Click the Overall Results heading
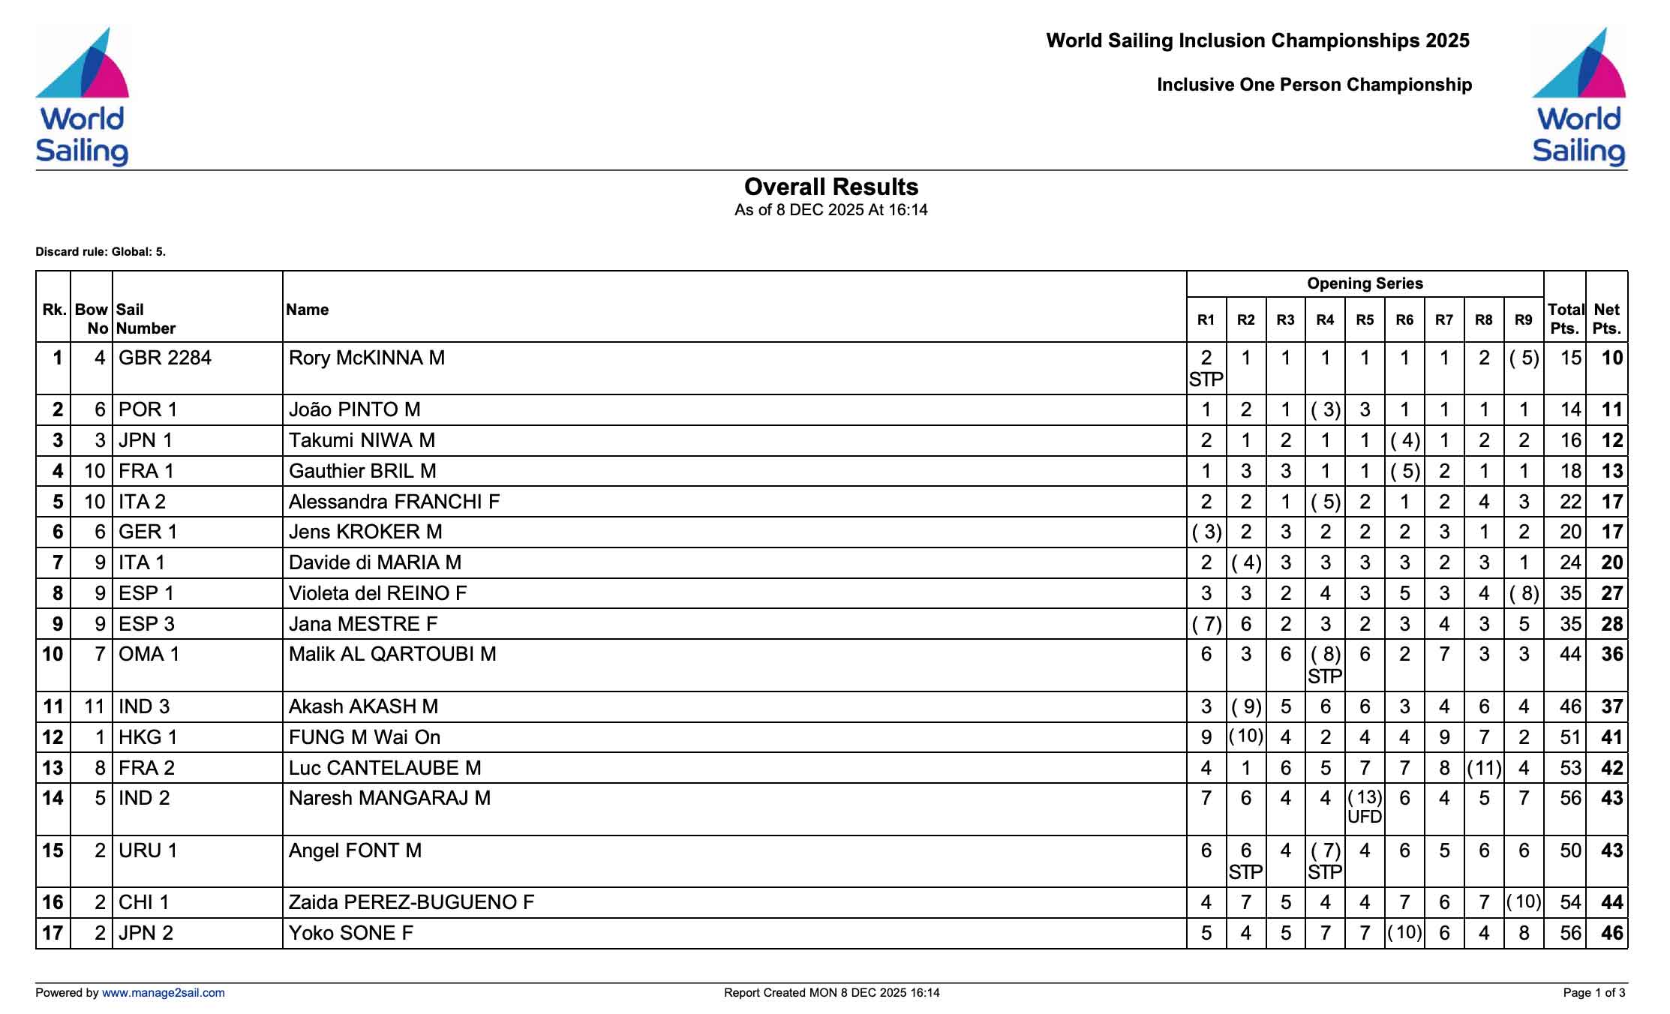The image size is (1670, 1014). coord(831,187)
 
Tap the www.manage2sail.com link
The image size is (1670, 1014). coord(163,993)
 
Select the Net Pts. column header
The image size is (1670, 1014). coord(1606,319)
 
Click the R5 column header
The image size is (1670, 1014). coord(1365,320)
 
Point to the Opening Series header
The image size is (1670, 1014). coord(1365,283)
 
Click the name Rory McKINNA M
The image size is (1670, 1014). coord(367,358)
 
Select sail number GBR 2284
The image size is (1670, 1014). coord(165,358)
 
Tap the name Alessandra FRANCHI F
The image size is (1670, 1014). coord(394,502)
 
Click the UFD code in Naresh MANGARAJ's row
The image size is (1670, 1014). coord(1365,817)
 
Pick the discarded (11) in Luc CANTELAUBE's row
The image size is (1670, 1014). coord(1484,768)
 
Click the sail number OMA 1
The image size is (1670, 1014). coord(149,654)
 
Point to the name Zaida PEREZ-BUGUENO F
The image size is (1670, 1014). coord(411,902)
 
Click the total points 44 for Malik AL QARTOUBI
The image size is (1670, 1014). coord(1570,654)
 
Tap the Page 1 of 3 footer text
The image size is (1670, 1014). coord(1594,993)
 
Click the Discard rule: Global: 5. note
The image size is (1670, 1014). coord(101,252)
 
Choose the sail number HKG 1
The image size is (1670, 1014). coord(148,737)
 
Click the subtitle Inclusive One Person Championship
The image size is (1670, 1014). coord(1314,85)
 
